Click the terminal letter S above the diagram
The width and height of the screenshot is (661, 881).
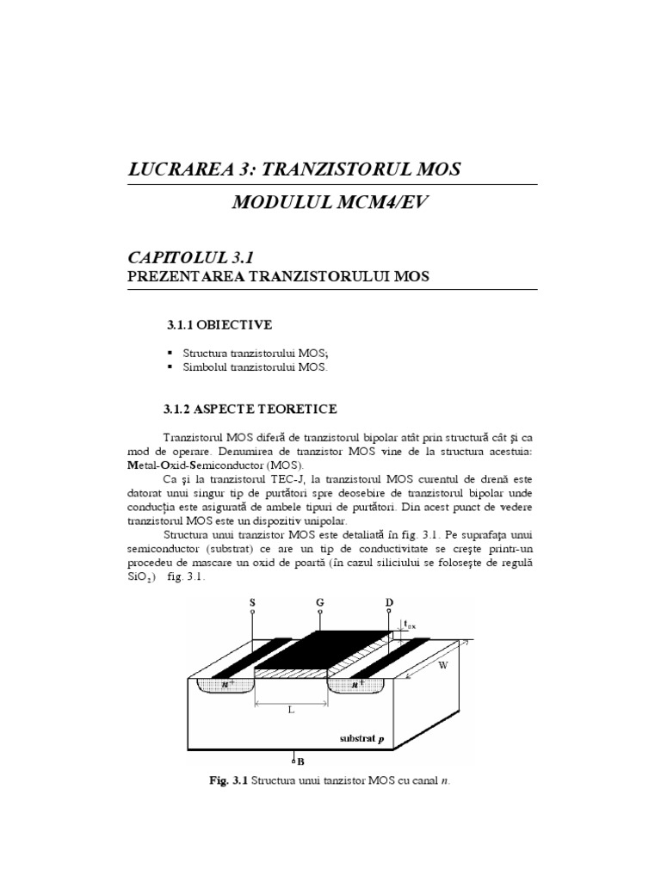pos(252,603)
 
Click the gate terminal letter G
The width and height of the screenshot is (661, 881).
pos(319,603)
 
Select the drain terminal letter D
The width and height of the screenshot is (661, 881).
pos(389,603)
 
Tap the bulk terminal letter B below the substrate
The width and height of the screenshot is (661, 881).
pos(301,761)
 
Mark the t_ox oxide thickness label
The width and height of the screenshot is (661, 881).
pos(413,625)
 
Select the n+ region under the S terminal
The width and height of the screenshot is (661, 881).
pos(207,685)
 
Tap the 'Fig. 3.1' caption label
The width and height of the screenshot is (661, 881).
pos(228,781)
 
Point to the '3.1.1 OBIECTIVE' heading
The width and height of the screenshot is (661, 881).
pos(219,324)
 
